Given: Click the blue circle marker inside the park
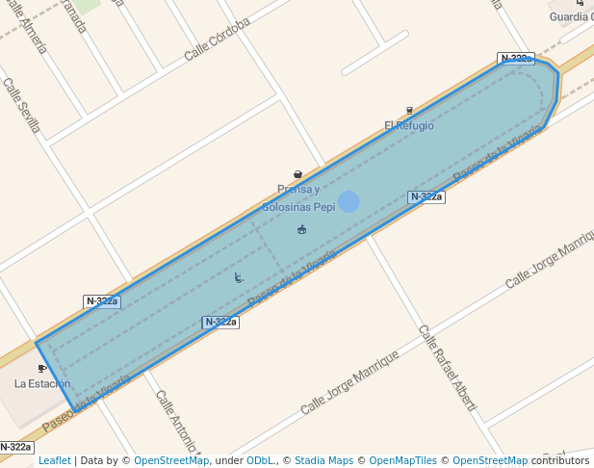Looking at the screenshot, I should (x=349, y=201).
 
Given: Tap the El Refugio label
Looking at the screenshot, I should (x=409, y=125).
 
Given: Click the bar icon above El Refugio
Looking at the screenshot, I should (x=409, y=111).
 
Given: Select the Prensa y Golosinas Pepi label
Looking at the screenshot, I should (x=298, y=198).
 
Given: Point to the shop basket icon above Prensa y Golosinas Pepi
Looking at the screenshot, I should (x=297, y=174).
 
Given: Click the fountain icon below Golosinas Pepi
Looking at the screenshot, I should (x=302, y=229).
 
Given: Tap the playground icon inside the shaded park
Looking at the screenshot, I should (x=239, y=277).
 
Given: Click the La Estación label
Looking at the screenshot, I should (x=42, y=383).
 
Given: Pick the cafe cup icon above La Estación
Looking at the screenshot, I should (x=41, y=368).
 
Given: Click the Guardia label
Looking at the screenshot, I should (x=570, y=16).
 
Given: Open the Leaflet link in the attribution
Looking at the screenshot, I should (x=54, y=460).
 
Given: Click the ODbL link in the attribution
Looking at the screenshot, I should (x=259, y=460).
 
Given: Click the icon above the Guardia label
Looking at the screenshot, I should (x=580, y=3).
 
